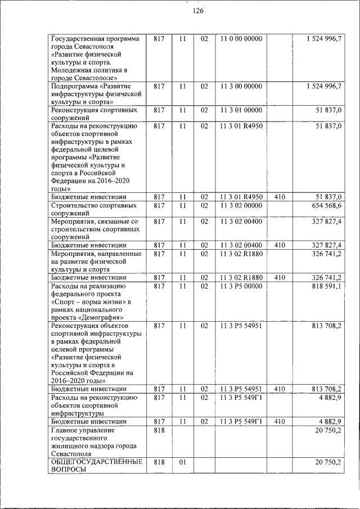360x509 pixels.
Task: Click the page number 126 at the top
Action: [x=197, y=11]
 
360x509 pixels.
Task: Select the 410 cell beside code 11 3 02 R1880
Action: [x=280, y=277]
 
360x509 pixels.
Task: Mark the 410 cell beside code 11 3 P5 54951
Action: [x=280, y=389]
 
